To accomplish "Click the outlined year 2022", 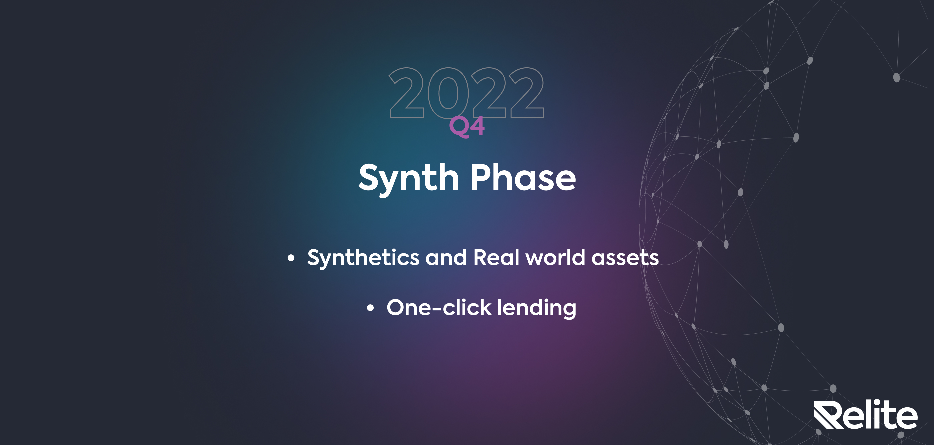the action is point(466,93).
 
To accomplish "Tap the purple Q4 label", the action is point(467,126).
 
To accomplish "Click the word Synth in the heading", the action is point(409,179).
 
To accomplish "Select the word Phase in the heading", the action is point(523,177).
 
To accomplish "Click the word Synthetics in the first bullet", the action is point(363,258).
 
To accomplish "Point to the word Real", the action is point(496,257).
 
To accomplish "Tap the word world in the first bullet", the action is point(555,257).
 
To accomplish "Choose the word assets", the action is point(625,258).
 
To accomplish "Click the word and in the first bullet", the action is point(446,257).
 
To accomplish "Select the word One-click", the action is point(439,308).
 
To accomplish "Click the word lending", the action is point(537,308).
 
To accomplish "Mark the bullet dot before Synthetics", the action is point(291,258).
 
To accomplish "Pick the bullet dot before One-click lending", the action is point(370,308).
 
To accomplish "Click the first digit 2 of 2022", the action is point(406,93).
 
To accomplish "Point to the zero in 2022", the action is point(448,93).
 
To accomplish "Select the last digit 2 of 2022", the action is point(527,93).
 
